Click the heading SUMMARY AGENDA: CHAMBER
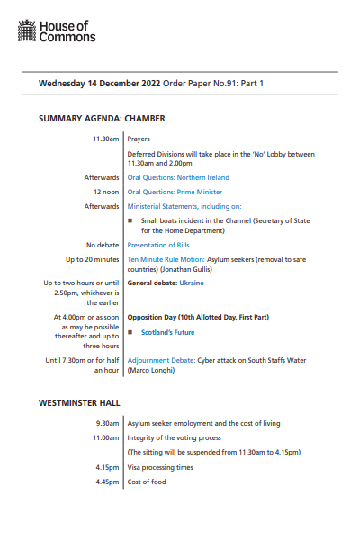pos(102,118)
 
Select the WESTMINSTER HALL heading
pos(85,402)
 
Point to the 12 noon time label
pos(103,192)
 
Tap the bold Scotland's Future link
pos(167,332)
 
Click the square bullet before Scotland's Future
pos(130,332)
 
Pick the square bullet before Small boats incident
pos(130,220)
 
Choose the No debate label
pos(103,245)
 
